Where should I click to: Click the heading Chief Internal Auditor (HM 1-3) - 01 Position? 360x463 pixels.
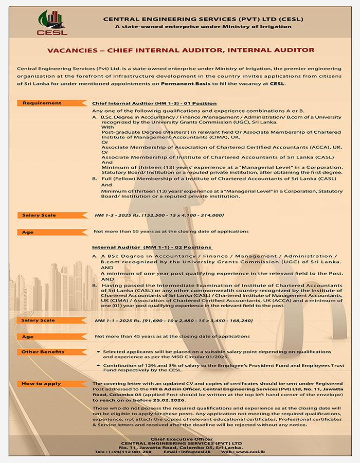pos(154,103)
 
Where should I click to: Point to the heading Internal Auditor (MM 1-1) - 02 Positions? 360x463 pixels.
pos(152,247)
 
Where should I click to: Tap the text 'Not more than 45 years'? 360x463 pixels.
pos(123,336)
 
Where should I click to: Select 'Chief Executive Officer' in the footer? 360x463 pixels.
pos(179,439)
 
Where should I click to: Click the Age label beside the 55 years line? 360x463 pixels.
pos(28,232)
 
